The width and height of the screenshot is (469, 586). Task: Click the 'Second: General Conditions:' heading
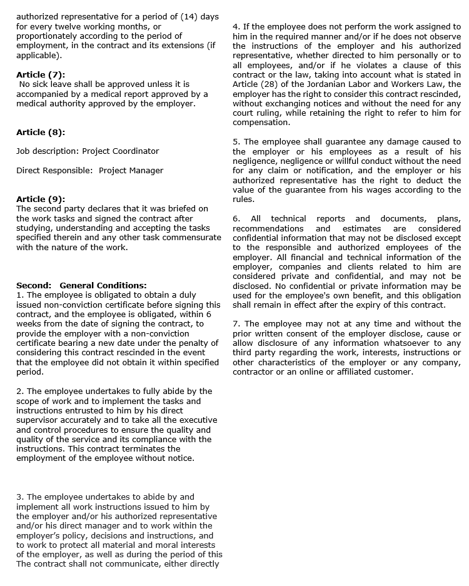click(x=81, y=285)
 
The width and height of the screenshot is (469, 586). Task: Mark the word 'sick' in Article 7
click(x=41, y=84)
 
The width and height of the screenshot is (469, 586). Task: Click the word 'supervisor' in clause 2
click(x=39, y=420)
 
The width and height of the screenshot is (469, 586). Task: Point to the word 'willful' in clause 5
click(x=356, y=161)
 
